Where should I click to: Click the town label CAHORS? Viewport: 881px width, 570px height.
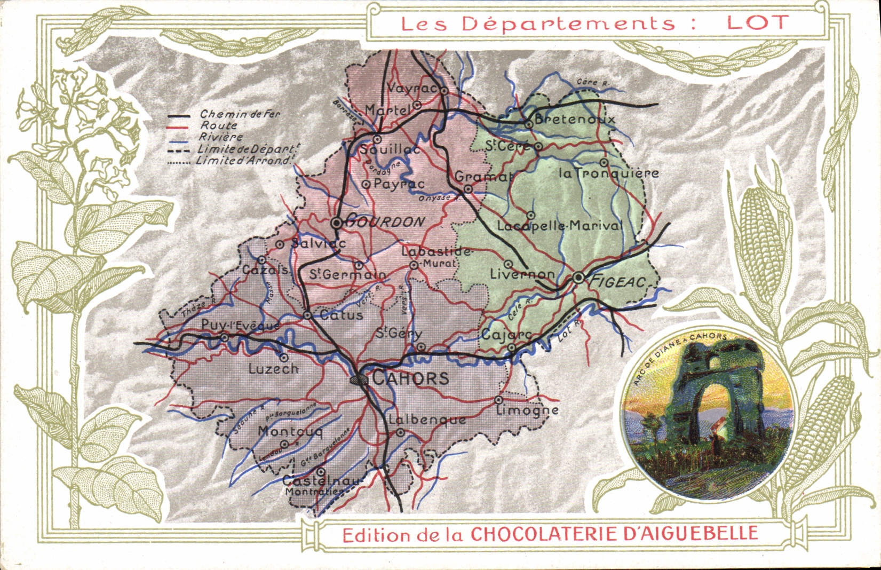[x=410, y=378]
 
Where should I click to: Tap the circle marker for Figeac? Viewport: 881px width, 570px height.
[x=579, y=278]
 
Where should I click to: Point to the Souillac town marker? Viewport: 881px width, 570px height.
[x=377, y=139]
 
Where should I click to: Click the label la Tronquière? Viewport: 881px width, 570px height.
[x=608, y=173]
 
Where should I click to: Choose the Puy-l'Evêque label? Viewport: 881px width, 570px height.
[x=232, y=325]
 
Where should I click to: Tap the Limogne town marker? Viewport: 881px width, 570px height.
[x=499, y=399]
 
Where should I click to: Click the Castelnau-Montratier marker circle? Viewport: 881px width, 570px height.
[x=321, y=472]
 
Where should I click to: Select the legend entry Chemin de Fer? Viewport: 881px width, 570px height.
[x=239, y=114]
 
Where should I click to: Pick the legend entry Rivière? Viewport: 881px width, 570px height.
[x=218, y=137]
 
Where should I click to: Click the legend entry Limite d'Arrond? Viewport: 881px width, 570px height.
[x=243, y=160]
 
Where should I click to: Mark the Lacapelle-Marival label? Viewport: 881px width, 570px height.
[x=559, y=226]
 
